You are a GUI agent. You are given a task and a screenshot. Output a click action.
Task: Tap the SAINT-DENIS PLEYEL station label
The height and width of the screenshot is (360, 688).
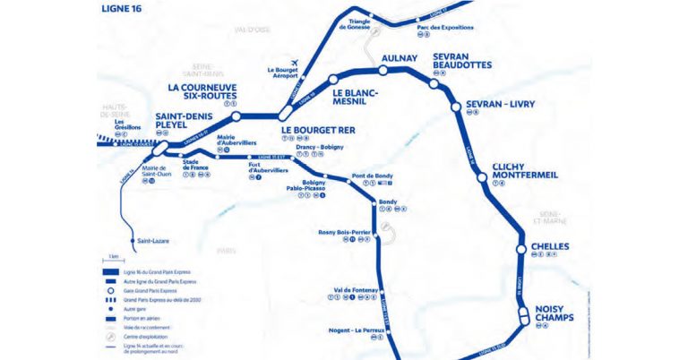coord(183,121)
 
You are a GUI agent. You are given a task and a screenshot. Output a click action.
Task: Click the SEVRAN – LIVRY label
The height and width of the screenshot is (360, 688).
coord(500,105)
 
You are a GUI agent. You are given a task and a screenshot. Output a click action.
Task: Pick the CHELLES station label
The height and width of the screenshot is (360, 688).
coord(550,245)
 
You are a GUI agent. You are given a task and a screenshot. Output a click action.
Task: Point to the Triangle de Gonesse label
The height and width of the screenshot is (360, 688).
coord(353,23)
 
